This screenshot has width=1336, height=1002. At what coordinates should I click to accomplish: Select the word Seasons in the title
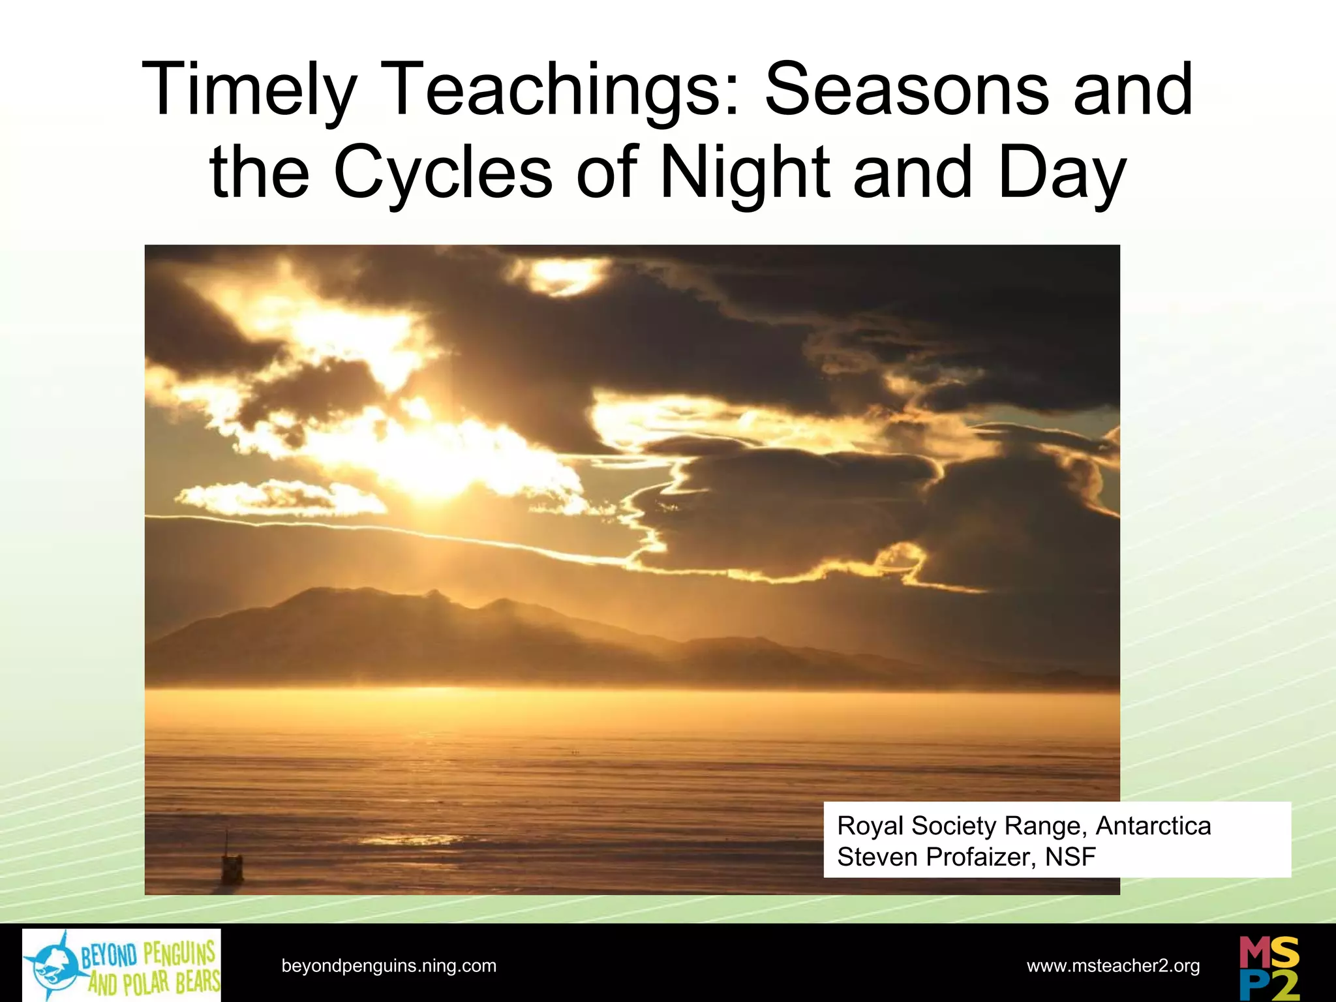tap(907, 91)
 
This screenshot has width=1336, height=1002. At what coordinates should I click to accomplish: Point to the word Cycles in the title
tap(443, 174)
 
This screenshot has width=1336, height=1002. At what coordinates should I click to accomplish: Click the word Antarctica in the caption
tap(1153, 826)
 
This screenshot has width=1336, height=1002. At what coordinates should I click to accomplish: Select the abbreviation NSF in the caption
tap(1070, 857)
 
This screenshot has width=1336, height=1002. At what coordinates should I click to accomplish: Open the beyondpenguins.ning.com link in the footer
tap(389, 966)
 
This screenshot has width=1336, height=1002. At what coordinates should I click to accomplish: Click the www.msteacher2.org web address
tap(1113, 966)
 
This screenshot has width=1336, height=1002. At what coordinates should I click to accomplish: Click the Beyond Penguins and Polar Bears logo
tap(121, 965)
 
